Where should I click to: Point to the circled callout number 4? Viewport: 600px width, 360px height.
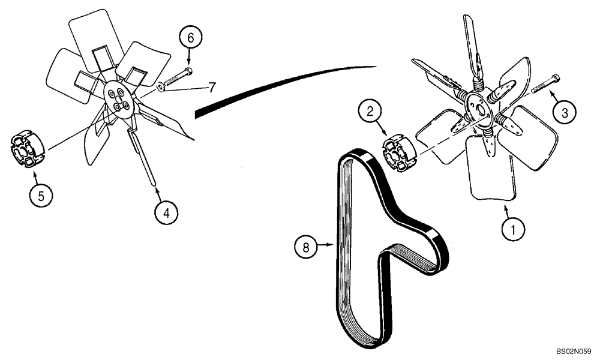pyautogui.click(x=166, y=211)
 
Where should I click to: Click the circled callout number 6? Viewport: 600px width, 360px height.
pyautogui.click(x=191, y=38)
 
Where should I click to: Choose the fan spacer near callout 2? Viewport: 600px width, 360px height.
pyautogui.click(x=398, y=153)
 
